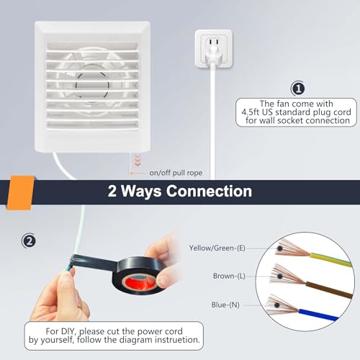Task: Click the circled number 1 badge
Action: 298,89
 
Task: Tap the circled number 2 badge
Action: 29,241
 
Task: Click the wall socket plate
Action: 214,49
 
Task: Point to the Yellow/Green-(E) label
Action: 217,248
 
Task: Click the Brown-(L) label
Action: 229,276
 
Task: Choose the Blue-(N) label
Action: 225,305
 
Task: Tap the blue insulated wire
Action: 318,315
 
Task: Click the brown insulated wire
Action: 329,290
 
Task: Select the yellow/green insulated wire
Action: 330,260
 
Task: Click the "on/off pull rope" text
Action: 176,173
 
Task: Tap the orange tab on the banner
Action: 20,193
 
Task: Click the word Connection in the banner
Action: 209,192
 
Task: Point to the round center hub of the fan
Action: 92,85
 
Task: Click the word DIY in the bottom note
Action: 68,331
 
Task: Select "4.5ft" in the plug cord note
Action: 249,112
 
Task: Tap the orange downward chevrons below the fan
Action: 138,161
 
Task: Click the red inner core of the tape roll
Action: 139,282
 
